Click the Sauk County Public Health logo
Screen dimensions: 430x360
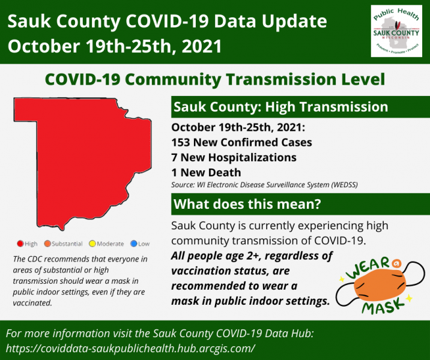point(396,31)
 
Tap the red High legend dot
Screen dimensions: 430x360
point(20,244)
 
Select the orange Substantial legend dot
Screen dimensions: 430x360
point(47,244)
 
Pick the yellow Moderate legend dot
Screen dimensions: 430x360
point(92,244)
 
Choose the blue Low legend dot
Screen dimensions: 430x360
point(134,244)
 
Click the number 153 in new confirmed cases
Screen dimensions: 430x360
point(180,142)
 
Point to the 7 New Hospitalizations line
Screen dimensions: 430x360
point(234,158)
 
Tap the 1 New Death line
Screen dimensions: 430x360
point(206,173)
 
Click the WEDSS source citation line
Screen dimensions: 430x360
point(264,185)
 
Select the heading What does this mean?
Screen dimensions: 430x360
point(247,204)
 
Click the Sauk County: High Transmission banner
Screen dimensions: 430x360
point(300,107)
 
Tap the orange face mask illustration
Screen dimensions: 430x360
point(380,285)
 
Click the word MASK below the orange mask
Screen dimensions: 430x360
point(383,307)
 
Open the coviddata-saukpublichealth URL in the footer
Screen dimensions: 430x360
point(130,349)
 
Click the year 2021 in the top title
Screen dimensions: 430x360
point(202,46)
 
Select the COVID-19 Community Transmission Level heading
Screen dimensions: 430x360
point(215,79)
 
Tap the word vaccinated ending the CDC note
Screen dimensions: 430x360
point(32,303)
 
